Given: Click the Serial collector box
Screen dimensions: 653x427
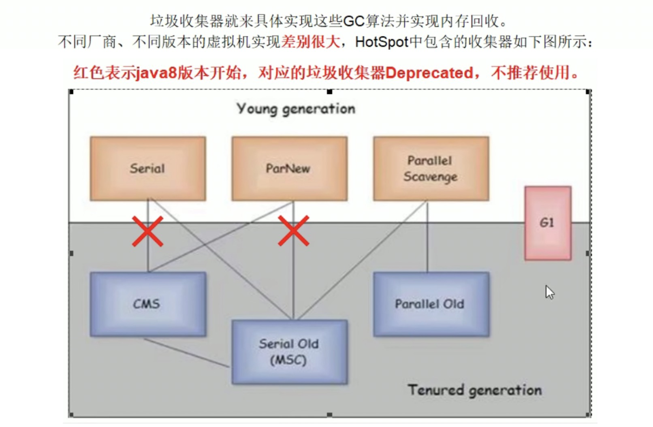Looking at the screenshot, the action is pyautogui.click(x=148, y=169).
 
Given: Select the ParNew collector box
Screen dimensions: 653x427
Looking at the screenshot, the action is pyautogui.click(x=290, y=169).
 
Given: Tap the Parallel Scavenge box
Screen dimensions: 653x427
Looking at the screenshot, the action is pyautogui.click(x=431, y=169).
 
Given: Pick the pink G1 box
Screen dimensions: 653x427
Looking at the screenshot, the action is pyautogui.click(x=548, y=223).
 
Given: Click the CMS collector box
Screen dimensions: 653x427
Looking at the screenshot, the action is pyautogui.click(x=148, y=304).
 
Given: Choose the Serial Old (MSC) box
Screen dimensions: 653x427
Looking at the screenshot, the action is pyautogui.click(x=290, y=352).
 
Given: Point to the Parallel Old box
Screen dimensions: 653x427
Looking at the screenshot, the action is pyautogui.click(x=431, y=304).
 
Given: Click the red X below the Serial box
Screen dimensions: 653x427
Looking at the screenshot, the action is pyautogui.click(x=147, y=231).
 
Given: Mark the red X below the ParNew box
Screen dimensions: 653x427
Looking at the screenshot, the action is pyautogui.click(x=294, y=231).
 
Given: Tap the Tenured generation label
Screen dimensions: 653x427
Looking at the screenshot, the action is pyautogui.click(x=475, y=390).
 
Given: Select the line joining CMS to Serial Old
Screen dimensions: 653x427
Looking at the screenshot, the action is pyautogui.click(x=186, y=353).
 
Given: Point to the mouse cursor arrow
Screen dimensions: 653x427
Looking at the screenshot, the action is pyautogui.click(x=550, y=292).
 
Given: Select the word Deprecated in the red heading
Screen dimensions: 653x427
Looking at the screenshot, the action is pyautogui.click(x=429, y=73).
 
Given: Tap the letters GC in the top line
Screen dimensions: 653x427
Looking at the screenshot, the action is pyautogui.click(x=354, y=21).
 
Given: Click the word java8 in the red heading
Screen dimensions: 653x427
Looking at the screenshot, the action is pyautogui.click(x=157, y=73).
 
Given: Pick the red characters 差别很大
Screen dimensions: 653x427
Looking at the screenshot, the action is pyautogui.click(x=311, y=42).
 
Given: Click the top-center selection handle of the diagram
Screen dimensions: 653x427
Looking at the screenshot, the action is pyautogui.click(x=329, y=92).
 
